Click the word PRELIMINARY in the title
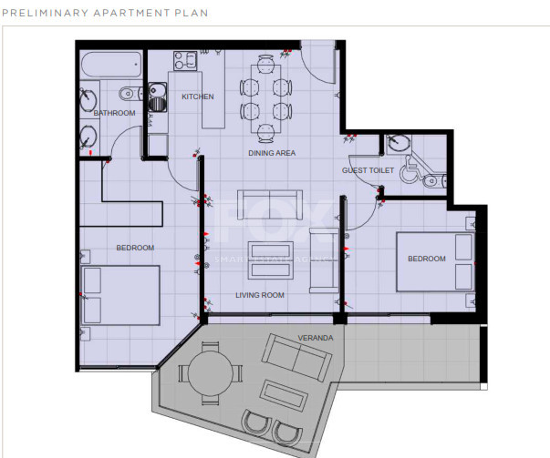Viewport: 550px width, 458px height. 37,14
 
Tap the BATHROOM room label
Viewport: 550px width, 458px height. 114,113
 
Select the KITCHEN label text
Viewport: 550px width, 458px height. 198,97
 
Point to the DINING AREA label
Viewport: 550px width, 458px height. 272,154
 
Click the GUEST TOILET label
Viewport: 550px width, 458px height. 368,170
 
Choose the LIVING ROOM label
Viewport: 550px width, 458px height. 260,295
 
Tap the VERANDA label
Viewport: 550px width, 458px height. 316,338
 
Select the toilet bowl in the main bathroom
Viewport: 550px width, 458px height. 129,92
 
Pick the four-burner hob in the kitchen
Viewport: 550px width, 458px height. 186,61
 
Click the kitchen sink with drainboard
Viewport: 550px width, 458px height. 158,95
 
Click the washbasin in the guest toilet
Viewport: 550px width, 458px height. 399,143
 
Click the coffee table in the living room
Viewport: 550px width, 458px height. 270,254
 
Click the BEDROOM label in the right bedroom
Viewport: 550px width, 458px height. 426,259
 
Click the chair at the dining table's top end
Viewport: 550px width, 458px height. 265,63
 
